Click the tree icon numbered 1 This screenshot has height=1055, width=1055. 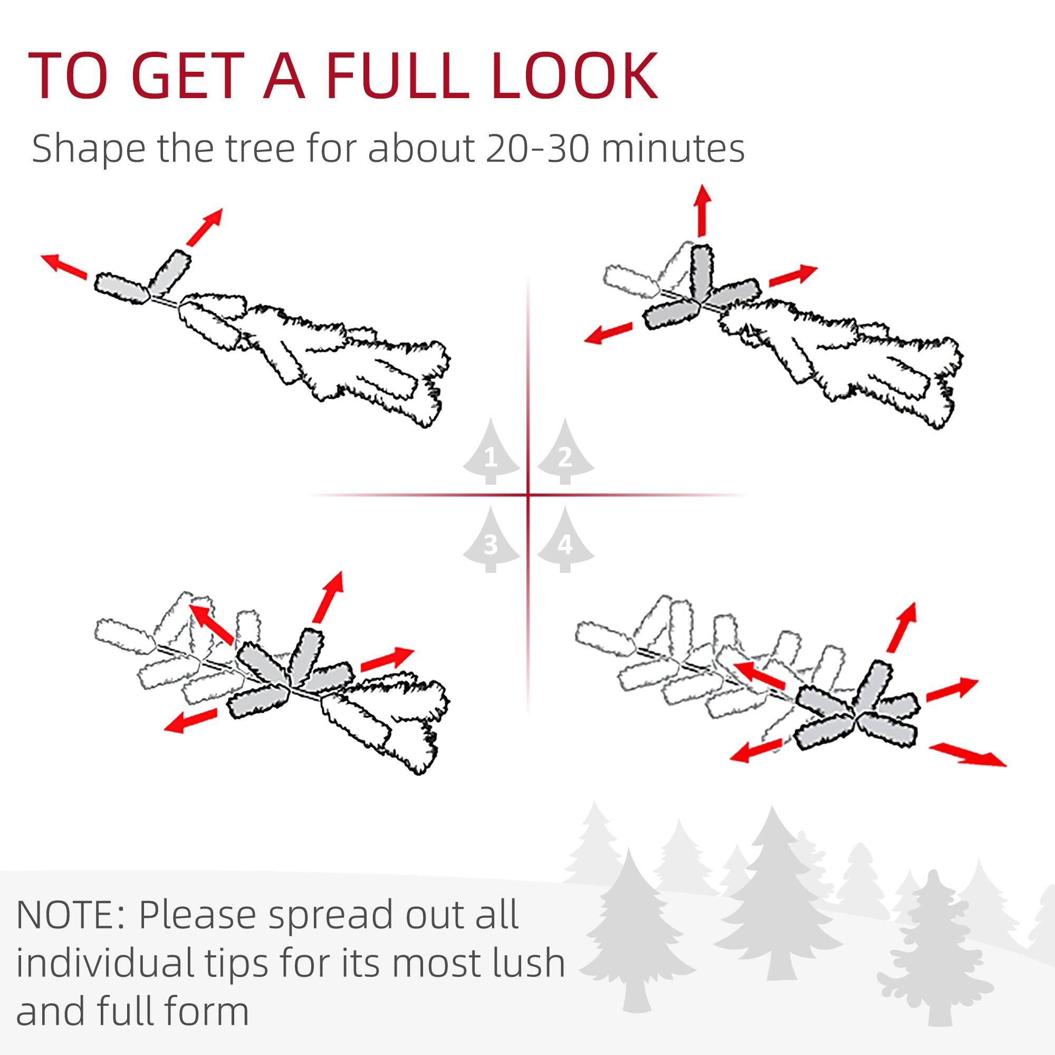pos(491,453)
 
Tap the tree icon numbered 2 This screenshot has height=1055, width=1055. pos(565,453)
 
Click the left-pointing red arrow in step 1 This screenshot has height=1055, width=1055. pos(64,266)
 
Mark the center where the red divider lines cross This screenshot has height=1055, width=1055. pos(528,495)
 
